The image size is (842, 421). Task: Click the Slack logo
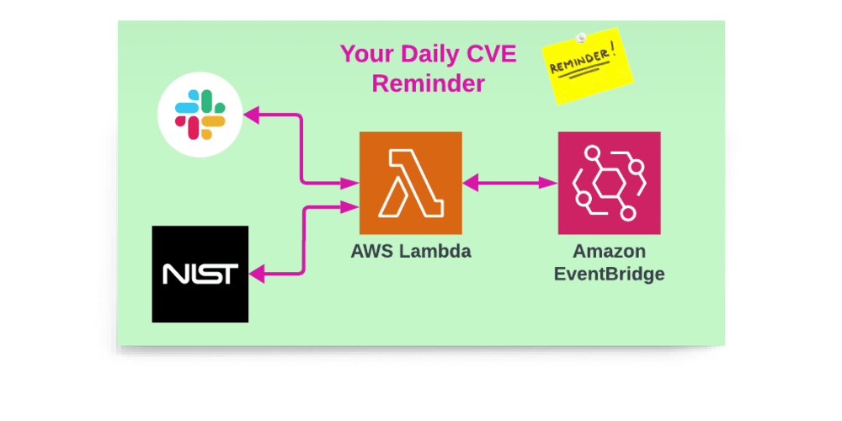tap(200, 115)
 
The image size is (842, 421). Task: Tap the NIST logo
tap(200, 274)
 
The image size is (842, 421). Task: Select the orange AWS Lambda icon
tap(410, 183)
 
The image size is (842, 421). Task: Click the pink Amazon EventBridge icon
tap(609, 183)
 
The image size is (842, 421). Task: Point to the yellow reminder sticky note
tap(587, 66)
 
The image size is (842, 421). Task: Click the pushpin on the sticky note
tap(580, 36)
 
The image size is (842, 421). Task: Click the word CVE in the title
tap(491, 55)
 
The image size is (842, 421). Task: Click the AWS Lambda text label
tap(411, 251)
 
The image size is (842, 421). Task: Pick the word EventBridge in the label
tap(609, 274)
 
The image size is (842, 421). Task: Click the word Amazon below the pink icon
tap(609, 251)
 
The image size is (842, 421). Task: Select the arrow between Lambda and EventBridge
tap(510, 182)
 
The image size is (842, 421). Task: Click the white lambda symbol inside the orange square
tap(410, 183)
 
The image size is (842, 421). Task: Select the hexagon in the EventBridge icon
tap(609, 184)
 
